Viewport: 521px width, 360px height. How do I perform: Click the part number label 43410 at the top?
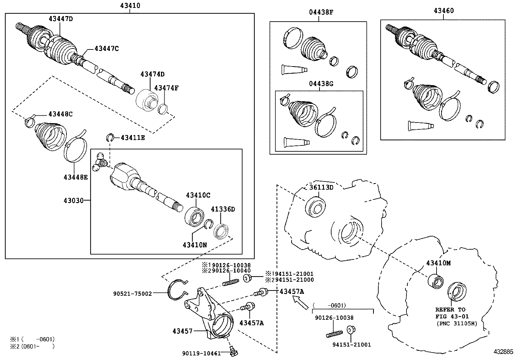tap(130, 6)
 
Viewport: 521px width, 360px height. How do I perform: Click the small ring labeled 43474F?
tap(163, 109)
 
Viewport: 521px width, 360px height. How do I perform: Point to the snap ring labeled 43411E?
tap(110, 138)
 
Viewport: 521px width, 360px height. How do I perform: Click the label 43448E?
tap(76, 177)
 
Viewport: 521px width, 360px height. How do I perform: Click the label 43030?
tap(73, 200)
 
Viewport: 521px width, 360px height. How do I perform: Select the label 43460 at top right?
tap(444, 10)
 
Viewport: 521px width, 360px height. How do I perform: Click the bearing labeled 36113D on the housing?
tap(315, 207)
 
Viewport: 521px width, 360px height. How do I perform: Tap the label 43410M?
tap(438, 263)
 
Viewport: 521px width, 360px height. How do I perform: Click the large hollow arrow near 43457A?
tap(300, 302)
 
